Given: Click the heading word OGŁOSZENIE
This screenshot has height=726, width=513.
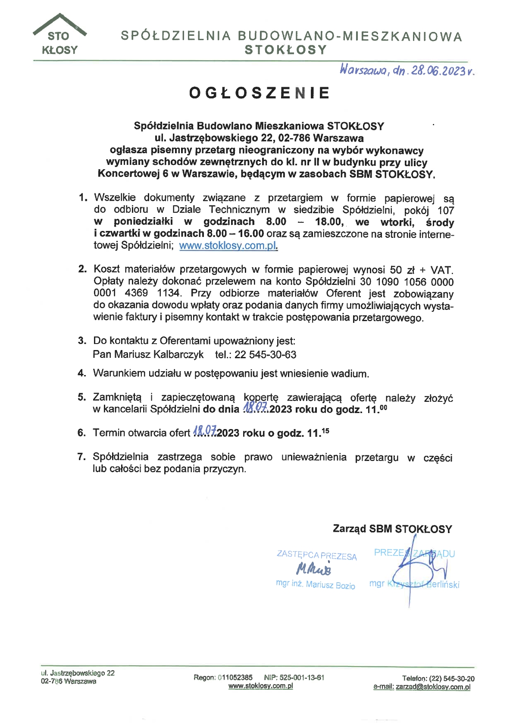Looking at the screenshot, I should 260,93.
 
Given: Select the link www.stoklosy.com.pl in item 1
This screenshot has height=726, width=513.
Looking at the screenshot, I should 228,246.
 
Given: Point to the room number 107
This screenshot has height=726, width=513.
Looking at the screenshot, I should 445,210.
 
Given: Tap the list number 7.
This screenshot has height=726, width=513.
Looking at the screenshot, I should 82,457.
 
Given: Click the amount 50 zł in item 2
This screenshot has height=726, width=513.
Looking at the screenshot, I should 402,270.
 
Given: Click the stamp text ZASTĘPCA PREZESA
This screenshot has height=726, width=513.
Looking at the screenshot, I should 316,556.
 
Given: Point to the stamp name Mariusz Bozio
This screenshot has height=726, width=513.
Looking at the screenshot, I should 330,585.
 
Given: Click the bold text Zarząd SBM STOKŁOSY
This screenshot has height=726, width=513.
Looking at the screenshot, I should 392,529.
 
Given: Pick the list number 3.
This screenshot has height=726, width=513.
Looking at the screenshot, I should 82,341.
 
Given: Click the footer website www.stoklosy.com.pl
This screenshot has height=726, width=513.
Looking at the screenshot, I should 260,686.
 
